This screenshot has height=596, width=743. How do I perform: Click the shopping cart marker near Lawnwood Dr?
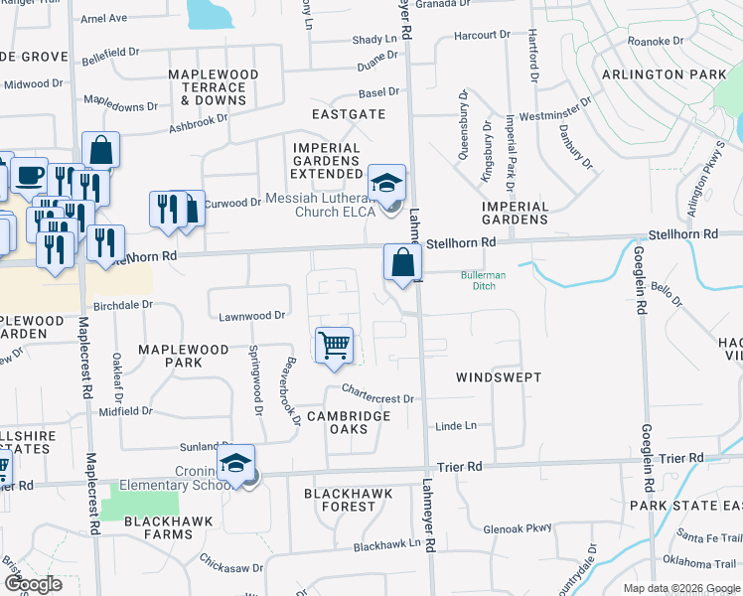pyautogui.click(x=335, y=345)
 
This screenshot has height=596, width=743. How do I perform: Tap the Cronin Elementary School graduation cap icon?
pyautogui.click(x=235, y=463)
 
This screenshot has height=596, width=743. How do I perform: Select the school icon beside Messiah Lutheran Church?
pyautogui.click(x=386, y=183)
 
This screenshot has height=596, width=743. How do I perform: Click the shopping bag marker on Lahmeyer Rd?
pyautogui.click(x=402, y=263)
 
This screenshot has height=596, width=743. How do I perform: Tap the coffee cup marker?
pyautogui.click(x=29, y=175)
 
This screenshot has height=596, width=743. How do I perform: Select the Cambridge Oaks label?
pyautogui.click(x=348, y=422)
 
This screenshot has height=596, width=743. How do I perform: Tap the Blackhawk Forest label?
pyautogui.click(x=348, y=500)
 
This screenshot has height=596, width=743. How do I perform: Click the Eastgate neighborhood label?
pyautogui.click(x=348, y=115)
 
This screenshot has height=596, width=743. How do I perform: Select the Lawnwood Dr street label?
pyautogui.click(x=252, y=316)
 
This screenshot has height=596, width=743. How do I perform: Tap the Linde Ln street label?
pyautogui.click(x=456, y=426)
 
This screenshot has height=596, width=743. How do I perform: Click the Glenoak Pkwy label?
pyautogui.click(x=517, y=528)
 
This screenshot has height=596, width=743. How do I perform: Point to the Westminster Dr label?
pyautogui.click(x=555, y=108)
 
